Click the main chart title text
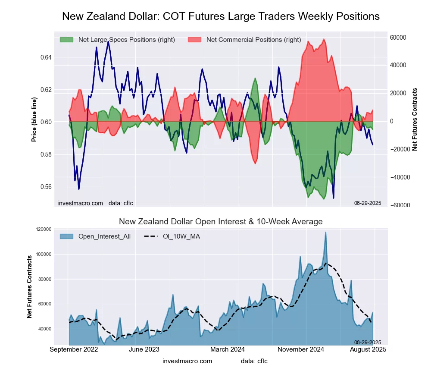(x=221, y=16)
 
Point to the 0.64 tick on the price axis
(x=46, y=57)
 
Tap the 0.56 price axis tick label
(x=46, y=187)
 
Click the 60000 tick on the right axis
(x=399, y=38)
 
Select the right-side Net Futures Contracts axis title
(x=415, y=119)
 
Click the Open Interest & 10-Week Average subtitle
(x=221, y=222)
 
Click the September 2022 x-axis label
(x=74, y=349)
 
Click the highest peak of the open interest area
(x=325, y=233)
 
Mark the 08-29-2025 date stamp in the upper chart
(x=368, y=203)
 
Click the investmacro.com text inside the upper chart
(x=80, y=203)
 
